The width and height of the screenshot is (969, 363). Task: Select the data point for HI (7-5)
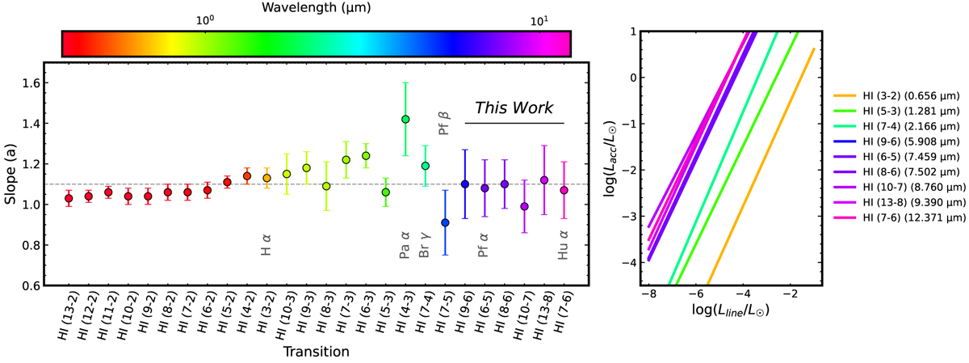pyautogui.click(x=445, y=222)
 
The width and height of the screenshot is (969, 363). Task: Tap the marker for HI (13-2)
pyautogui.click(x=69, y=198)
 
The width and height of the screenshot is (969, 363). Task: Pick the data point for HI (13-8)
pyautogui.click(x=544, y=180)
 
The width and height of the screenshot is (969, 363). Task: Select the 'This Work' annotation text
pyautogui.click(x=514, y=108)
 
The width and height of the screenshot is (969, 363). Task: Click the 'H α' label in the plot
pyautogui.click(x=266, y=245)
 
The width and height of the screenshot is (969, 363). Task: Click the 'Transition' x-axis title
pyautogui.click(x=317, y=352)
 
